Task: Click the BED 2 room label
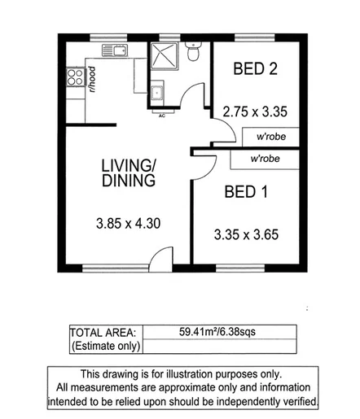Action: [x=253, y=69]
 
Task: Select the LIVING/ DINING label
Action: [x=128, y=173]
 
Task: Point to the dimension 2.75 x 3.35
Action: [x=256, y=111]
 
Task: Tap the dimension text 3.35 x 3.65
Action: [x=246, y=235]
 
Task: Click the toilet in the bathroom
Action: [x=193, y=53]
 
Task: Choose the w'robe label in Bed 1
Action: [x=266, y=159]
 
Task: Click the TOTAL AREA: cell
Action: [x=103, y=332]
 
